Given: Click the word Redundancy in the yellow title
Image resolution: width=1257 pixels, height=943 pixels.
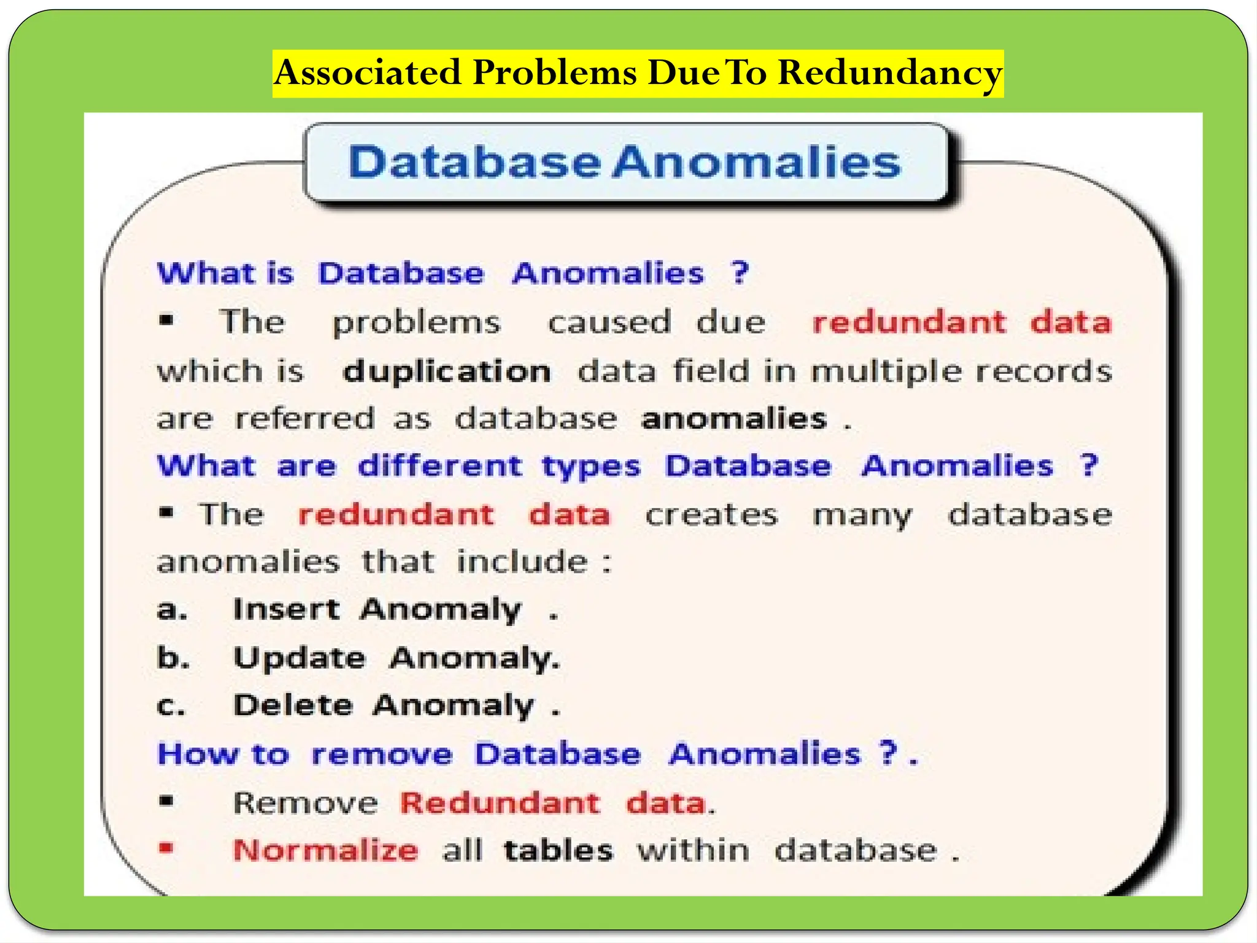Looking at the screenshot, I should pos(890,74).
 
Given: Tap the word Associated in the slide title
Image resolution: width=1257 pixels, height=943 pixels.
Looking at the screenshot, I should pos(368,72).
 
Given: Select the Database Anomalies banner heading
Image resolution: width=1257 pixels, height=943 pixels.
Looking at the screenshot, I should pos(624,162).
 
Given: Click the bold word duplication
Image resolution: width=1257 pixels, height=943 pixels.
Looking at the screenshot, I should pos(446,372).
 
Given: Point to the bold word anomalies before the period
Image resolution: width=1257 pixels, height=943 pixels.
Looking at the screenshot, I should pos(734,419).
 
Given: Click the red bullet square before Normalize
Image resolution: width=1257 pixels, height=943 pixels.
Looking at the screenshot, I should pos(166,848).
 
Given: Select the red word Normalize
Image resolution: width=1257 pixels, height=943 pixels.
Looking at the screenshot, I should pos(325,851).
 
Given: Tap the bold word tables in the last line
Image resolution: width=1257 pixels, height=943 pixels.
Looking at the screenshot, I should pos(558,851).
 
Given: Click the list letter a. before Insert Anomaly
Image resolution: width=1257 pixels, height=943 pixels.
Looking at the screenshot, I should pos(172,610).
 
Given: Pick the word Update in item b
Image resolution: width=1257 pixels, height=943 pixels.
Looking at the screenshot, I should pos(300,659).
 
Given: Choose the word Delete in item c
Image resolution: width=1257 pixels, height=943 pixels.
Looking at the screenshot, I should pos(293,705).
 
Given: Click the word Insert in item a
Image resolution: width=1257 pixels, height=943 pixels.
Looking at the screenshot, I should pos(286,610).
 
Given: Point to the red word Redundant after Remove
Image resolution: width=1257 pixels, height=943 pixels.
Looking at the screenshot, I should pos(500,803).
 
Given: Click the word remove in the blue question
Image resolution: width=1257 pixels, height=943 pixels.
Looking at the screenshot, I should pos(381,755).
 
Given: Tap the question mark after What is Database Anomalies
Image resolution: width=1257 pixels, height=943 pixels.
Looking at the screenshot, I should pos(740,273).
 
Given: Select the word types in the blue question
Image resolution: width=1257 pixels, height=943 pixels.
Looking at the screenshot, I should pos(590,467).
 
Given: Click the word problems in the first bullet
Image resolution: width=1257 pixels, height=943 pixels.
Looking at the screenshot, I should pos(416,324).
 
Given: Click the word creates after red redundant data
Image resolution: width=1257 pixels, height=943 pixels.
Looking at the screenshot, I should pos(711,515).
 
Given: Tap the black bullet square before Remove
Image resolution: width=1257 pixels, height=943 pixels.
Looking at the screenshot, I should pos(166,801).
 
